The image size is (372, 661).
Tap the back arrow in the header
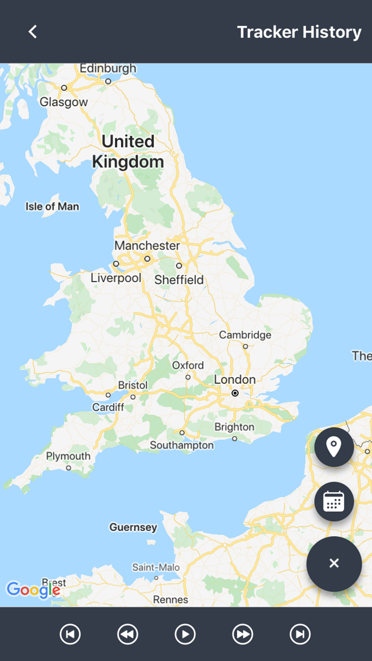(33, 32)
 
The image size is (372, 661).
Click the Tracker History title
(299, 32)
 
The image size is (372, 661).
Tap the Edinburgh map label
(108, 69)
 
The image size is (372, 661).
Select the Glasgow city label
(64, 101)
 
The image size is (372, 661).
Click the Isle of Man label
(52, 206)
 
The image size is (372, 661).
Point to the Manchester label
(147, 245)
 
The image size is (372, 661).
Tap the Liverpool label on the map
(116, 277)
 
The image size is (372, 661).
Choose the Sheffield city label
(179, 279)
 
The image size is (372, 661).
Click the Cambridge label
(245, 335)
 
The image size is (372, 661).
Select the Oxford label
(188, 366)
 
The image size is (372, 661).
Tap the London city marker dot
(235, 393)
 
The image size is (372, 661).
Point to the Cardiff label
(108, 407)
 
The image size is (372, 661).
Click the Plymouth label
(68, 456)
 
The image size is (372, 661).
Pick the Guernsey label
(133, 527)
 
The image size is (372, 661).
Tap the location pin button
(334, 447)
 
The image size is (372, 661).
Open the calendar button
(334, 502)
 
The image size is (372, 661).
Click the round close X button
(334, 563)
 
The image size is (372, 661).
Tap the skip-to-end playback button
(300, 634)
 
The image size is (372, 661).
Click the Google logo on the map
(32, 589)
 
